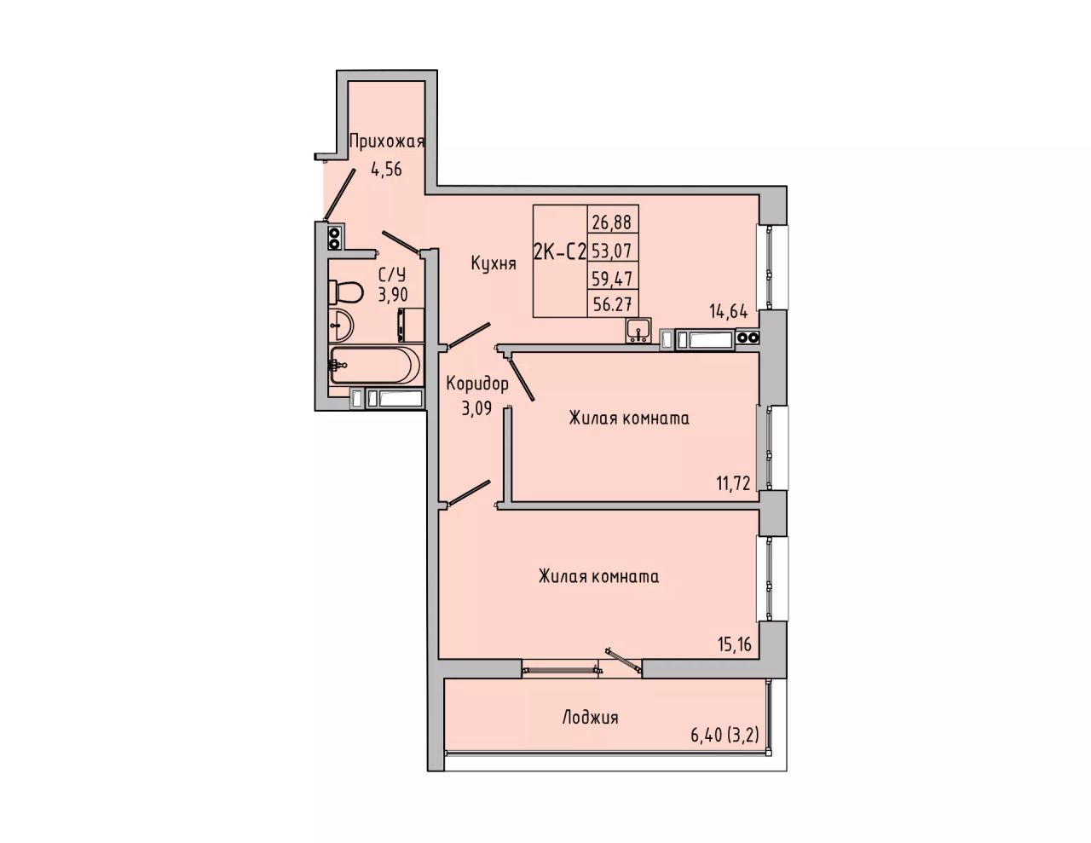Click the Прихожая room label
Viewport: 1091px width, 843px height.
(387, 142)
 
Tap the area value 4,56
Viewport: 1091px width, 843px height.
(387, 170)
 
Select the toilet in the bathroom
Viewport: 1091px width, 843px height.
(345, 292)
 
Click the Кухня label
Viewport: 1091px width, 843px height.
(494, 263)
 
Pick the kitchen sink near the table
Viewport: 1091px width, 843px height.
(638, 331)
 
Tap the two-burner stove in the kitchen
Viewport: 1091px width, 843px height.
(748, 338)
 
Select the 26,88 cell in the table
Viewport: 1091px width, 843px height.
(612, 222)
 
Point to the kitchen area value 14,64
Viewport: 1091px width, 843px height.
(729, 312)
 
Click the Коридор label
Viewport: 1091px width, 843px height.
(477, 384)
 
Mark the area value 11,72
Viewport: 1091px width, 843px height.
(733, 484)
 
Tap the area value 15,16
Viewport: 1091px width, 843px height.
(735, 644)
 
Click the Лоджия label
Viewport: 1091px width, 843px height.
(590, 718)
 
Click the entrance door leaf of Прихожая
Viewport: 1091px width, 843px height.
(340, 194)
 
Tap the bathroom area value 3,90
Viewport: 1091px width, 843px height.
(393, 295)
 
